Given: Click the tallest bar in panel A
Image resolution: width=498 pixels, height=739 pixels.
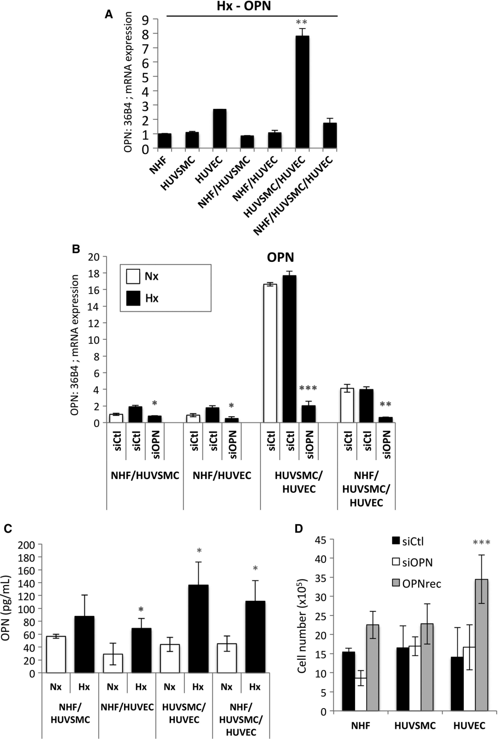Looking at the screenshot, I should pyautogui.click(x=302, y=92).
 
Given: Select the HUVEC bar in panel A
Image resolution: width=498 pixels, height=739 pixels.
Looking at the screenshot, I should pyautogui.click(x=219, y=129).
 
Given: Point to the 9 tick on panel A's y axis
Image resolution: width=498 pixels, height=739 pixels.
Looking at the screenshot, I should pyautogui.click(x=146, y=19).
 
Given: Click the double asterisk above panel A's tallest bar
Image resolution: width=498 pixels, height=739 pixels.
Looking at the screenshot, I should pyautogui.click(x=302, y=22).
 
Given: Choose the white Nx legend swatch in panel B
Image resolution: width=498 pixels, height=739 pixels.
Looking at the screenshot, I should pyautogui.click(x=133, y=276).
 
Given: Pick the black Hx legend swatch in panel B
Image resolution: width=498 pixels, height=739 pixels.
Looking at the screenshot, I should pyautogui.click(x=133, y=298).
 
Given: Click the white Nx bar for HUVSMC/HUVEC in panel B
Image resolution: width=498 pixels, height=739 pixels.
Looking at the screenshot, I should pyautogui.click(x=270, y=353).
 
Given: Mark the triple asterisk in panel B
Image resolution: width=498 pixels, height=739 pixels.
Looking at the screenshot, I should pyautogui.click(x=308, y=388).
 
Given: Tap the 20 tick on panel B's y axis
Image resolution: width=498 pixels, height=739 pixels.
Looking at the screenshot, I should pyautogui.click(x=94, y=257).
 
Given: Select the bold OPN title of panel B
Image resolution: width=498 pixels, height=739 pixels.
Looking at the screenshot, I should pyautogui.click(x=280, y=257).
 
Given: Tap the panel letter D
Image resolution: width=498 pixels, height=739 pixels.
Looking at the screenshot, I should pyautogui.click(x=299, y=528).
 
